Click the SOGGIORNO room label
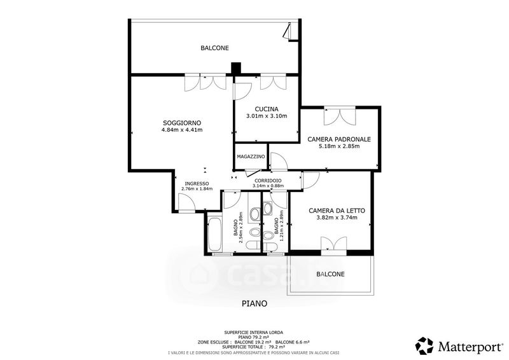182,123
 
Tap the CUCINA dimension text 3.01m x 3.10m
267,116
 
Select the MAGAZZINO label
251,156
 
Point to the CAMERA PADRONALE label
339,139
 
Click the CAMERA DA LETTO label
337,211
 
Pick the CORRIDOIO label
268,181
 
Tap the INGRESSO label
197,183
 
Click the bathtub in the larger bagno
214,234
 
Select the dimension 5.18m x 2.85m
339,146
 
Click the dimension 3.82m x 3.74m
337,218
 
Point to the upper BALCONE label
214,48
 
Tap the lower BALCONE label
330,274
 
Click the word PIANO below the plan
254,303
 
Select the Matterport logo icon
424,346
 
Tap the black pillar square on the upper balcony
235,67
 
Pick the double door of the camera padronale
340,116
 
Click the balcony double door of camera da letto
333,244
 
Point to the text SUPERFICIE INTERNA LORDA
253,333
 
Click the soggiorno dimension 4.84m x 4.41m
182,130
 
